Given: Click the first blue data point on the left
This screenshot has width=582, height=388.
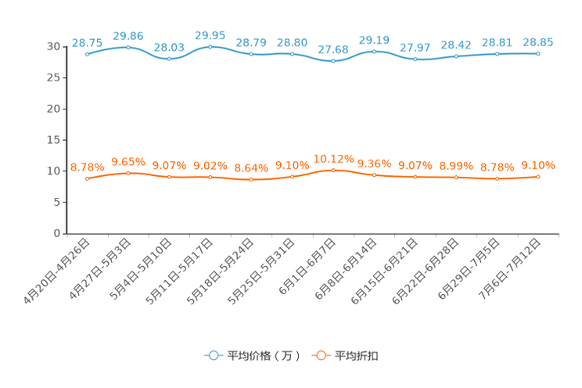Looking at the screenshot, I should click(x=87, y=55).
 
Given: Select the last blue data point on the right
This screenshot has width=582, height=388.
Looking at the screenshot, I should click(x=538, y=53).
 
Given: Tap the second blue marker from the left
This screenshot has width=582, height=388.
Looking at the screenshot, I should click(x=128, y=48).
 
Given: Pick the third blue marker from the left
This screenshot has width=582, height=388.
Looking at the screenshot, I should click(x=169, y=59).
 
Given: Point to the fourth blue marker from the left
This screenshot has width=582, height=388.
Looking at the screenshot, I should click(x=210, y=47).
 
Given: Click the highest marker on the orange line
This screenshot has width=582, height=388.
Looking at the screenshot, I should click(x=332, y=170).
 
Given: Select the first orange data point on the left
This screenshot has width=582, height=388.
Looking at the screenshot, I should click(x=87, y=178).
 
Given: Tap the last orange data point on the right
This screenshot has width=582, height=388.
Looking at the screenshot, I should click(x=538, y=176).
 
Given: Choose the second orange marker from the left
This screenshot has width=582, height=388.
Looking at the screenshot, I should click(x=128, y=173).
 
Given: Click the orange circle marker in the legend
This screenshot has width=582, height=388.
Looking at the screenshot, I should click(x=320, y=355).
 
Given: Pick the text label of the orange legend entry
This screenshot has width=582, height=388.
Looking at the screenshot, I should click(x=357, y=356).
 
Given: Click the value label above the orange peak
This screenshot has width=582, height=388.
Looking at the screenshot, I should click(x=333, y=159).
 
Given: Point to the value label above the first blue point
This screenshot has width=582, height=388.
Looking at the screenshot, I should click(x=87, y=42).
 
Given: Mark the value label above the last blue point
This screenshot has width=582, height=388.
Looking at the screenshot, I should click(x=538, y=41).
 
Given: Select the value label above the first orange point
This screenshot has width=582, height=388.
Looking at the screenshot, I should click(x=87, y=167).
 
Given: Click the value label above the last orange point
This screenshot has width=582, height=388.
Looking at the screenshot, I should click(x=538, y=164).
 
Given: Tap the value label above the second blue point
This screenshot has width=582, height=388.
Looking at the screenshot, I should click(x=128, y=35).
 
